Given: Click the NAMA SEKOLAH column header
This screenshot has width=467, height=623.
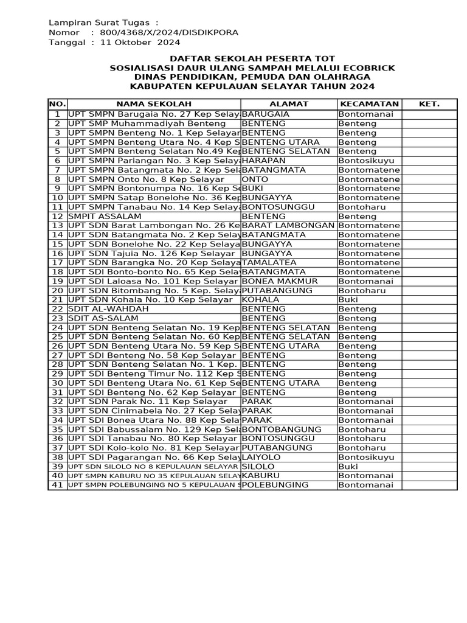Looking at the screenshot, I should [x=154, y=104].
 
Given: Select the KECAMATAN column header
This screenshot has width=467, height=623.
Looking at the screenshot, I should [x=369, y=104].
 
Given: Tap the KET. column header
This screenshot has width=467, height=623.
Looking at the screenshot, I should [x=429, y=104].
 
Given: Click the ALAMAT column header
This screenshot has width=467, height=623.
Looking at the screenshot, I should [x=289, y=104].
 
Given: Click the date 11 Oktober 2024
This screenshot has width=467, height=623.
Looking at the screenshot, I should [x=140, y=43].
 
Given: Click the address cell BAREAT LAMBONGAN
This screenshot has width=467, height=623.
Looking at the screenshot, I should [x=288, y=225].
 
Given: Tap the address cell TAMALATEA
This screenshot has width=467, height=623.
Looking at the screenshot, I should [x=269, y=262].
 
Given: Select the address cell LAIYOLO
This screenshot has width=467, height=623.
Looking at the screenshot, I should [x=262, y=456].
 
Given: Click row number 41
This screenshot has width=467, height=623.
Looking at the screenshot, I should [x=58, y=484].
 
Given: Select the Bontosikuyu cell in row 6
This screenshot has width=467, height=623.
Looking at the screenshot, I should [x=367, y=161].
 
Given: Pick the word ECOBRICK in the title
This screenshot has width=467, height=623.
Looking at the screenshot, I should [x=368, y=68].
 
